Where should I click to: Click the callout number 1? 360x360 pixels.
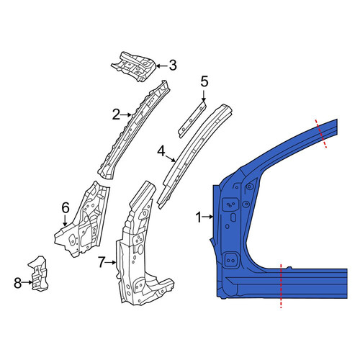pyautogui.click(x=199, y=217)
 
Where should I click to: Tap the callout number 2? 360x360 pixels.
pyautogui.click(x=116, y=115)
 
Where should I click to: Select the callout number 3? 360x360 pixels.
pyautogui.click(x=173, y=66)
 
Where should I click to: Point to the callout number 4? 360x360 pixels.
pyautogui.click(x=161, y=152)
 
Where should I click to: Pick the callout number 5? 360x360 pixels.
pyautogui.click(x=204, y=82)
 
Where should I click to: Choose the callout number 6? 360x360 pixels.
pyautogui.click(x=66, y=208)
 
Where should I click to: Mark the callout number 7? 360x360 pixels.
pyautogui.click(x=102, y=263)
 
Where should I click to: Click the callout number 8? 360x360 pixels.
pyautogui.click(x=18, y=283)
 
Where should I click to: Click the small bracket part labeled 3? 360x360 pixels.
pyautogui.click(x=133, y=66)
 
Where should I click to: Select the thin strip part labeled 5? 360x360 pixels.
pyautogui.click(x=192, y=120)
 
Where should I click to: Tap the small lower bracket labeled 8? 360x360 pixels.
pyautogui.click(x=38, y=274)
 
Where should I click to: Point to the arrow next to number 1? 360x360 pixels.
pyautogui.click(x=207, y=217)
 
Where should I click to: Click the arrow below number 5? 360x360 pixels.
pyautogui.click(x=204, y=96)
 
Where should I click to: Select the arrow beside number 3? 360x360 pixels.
pyautogui.click(x=162, y=66)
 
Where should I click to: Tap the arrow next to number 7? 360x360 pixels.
pyautogui.click(x=111, y=263)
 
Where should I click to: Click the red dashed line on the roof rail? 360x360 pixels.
pyautogui.click(x=321, y=133)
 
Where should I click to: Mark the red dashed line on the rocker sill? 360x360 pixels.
pyautogui.click(x=281, y=285)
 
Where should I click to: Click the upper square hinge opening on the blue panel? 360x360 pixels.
pyautogui.click(x=231, y=204)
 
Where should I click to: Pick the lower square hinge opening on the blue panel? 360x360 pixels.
pyautogui.click(x=231, y=260)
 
